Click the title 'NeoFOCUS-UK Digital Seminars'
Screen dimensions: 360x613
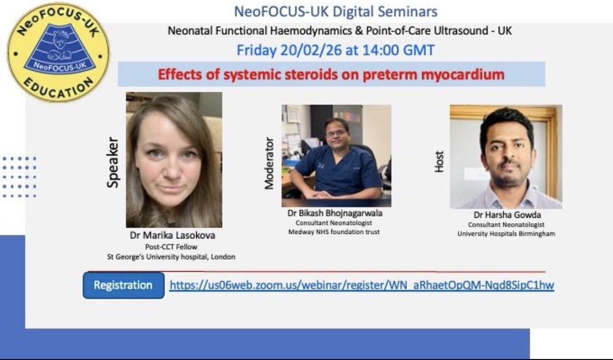(x=336, y=11)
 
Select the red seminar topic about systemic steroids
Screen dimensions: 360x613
(x=331, y=75)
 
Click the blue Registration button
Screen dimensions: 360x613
(x=123, y=285)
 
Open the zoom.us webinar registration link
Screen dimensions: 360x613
(x=362, y=285)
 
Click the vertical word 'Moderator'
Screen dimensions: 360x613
(x=269, y=163)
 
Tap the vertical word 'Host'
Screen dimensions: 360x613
(x=439, y=161)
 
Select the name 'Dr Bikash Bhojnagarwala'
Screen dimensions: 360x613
(x=335, y=213)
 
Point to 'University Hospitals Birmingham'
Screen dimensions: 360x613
(x=506, y=234)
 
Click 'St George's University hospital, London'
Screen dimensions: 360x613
(x=171, y=257)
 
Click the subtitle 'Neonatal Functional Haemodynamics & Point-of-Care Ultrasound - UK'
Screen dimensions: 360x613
(x=340, y=31)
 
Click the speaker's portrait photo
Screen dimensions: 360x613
(x=174, y=159)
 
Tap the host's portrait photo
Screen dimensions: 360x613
(x=506, y=157)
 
